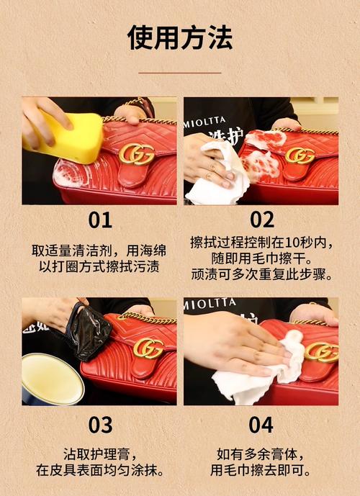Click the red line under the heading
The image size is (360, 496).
click(179, 72)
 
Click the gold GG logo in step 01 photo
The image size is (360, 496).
click(136, 153)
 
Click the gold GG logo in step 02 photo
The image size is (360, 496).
click(300, 155)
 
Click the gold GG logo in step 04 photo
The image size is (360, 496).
click(321, 351)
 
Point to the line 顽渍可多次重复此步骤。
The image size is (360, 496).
click(261, 274)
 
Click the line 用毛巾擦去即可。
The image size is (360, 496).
click(261, 472)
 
